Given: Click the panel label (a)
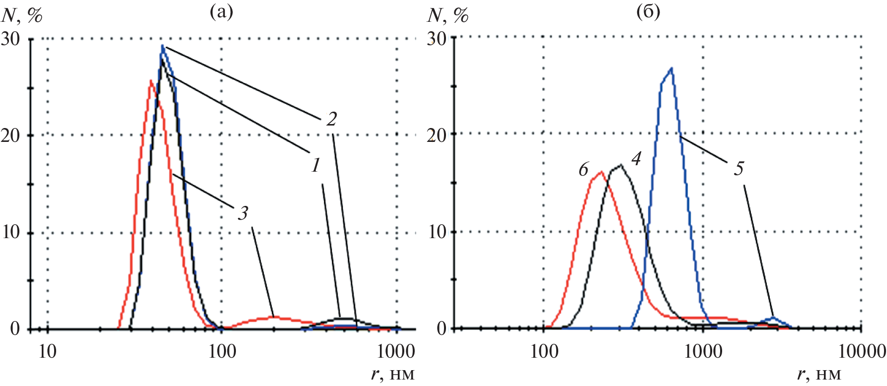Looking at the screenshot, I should tap(221, 11).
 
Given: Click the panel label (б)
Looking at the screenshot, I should tap(648, 11).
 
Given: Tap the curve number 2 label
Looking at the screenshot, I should tap(331, 119).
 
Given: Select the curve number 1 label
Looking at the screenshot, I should tap(316, 165).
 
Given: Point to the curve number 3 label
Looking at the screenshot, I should tap(242, 213).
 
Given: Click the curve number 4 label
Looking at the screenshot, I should tap(636, 158).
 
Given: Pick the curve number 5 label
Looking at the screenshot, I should tap(739, 169).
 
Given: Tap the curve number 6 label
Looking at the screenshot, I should tap(584, 170).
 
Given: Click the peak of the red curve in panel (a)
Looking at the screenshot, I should tap(150, 80).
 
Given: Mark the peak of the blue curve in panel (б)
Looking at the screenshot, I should tap(671, 68).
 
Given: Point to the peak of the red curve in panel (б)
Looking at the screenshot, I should tap(601, 172).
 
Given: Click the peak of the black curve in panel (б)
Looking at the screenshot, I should tap(620, 165).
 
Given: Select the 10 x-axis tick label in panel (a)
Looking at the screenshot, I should tap(47, 352).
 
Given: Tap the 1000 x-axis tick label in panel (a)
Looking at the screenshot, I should tap(396, 352).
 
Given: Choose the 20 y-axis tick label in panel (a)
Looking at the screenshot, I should tap(11, 135).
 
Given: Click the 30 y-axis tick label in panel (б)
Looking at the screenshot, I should tap(437, 38).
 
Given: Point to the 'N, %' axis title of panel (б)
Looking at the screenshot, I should tap(447, 16).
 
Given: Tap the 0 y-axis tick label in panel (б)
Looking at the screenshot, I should tap(442, 328).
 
